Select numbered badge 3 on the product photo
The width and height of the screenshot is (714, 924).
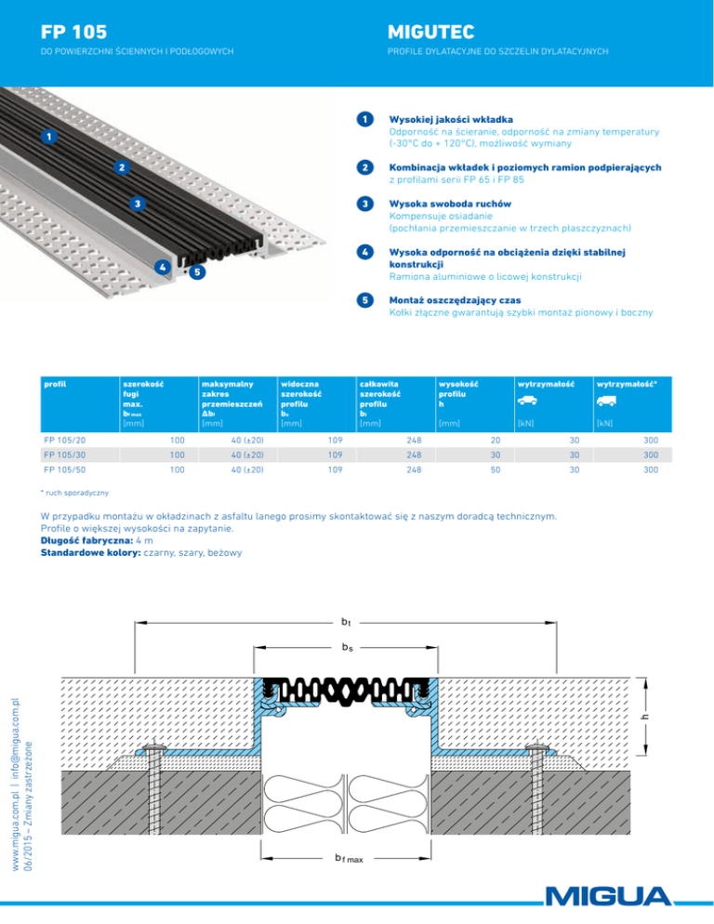click(137, 204)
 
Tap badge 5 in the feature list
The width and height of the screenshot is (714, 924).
click(367, 300)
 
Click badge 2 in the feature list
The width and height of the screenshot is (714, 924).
click(367, 166)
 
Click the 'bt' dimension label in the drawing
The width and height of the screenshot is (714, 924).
click(346, 620)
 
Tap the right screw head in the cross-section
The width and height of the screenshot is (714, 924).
click(539, 747)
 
